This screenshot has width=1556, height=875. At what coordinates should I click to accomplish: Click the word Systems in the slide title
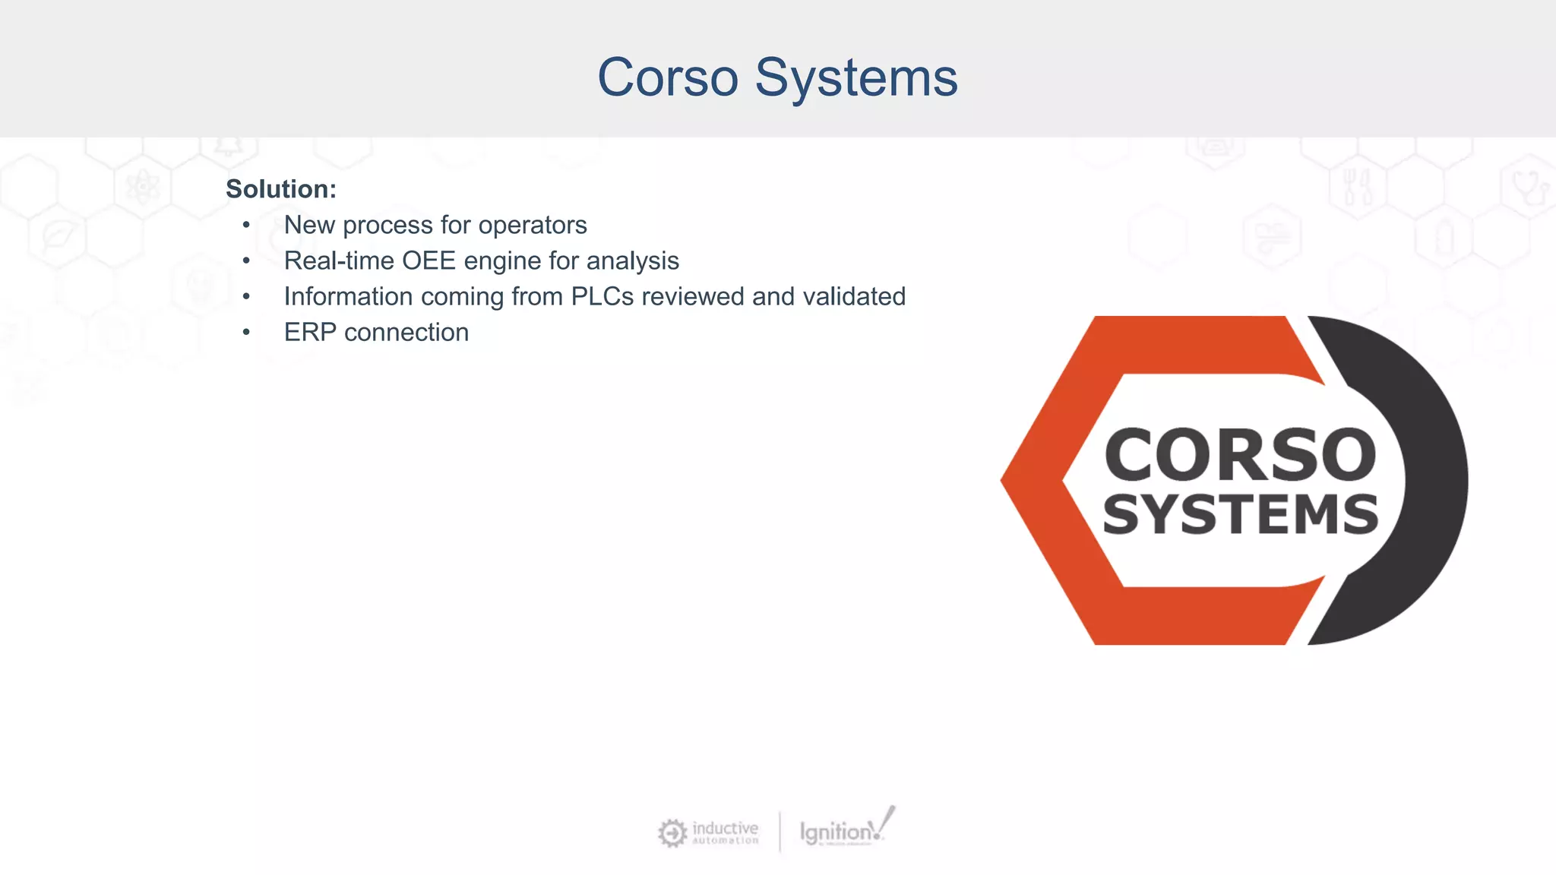(856, 77)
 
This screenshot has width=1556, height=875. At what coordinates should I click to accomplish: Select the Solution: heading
(280, 189)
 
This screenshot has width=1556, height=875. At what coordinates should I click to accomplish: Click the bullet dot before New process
(246, 225)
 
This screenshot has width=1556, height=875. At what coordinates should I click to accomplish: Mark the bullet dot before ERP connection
(246, 332)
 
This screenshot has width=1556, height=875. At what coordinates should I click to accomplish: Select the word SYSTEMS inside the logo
(1240, 515)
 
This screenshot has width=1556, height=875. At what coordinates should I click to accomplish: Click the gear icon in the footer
(672, 832)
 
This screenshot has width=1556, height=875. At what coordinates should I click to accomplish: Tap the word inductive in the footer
(725, 827)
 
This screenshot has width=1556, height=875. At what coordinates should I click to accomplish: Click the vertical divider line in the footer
(780, 832)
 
